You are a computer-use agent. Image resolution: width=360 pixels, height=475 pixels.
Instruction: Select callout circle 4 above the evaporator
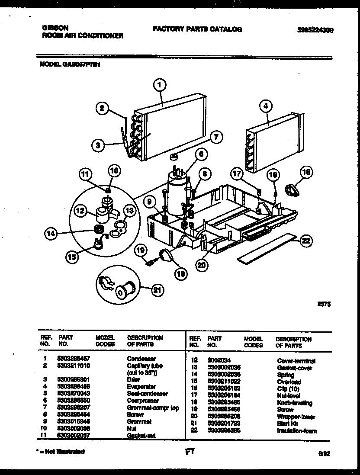tap(265, 106)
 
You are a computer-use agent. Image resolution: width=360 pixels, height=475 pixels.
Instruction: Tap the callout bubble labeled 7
tap(216, 138)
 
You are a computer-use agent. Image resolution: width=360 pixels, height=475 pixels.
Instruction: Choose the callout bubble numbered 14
tap(51, 234)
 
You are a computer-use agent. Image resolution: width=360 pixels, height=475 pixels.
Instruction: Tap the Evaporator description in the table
tap(141, 386)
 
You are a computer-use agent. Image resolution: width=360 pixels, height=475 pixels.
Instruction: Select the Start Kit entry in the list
tap(287, 424)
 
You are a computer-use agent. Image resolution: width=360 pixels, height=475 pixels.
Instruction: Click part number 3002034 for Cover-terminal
tap(219, 360)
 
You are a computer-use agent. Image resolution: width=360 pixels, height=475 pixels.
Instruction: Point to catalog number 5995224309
tap(315, 30)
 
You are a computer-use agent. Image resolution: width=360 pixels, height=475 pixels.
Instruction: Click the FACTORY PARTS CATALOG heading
tap(197, 29)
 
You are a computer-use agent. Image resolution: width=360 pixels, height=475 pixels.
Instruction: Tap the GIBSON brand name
tap(55, 27)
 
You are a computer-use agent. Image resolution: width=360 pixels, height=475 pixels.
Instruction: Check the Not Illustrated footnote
tap(60, 451)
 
